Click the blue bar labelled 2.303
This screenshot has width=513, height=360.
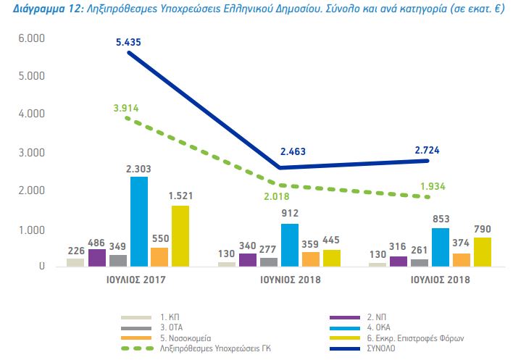pos(138,222)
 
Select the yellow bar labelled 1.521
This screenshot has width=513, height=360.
pos(180,236)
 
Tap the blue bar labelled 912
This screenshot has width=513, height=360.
pos(290,246)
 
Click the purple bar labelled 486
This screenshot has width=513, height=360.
pos(97,258)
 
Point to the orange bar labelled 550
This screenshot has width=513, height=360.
pos(159,257)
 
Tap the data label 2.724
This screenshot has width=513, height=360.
pos(427,150)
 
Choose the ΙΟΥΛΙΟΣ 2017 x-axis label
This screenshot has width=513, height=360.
pos(128,279)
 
